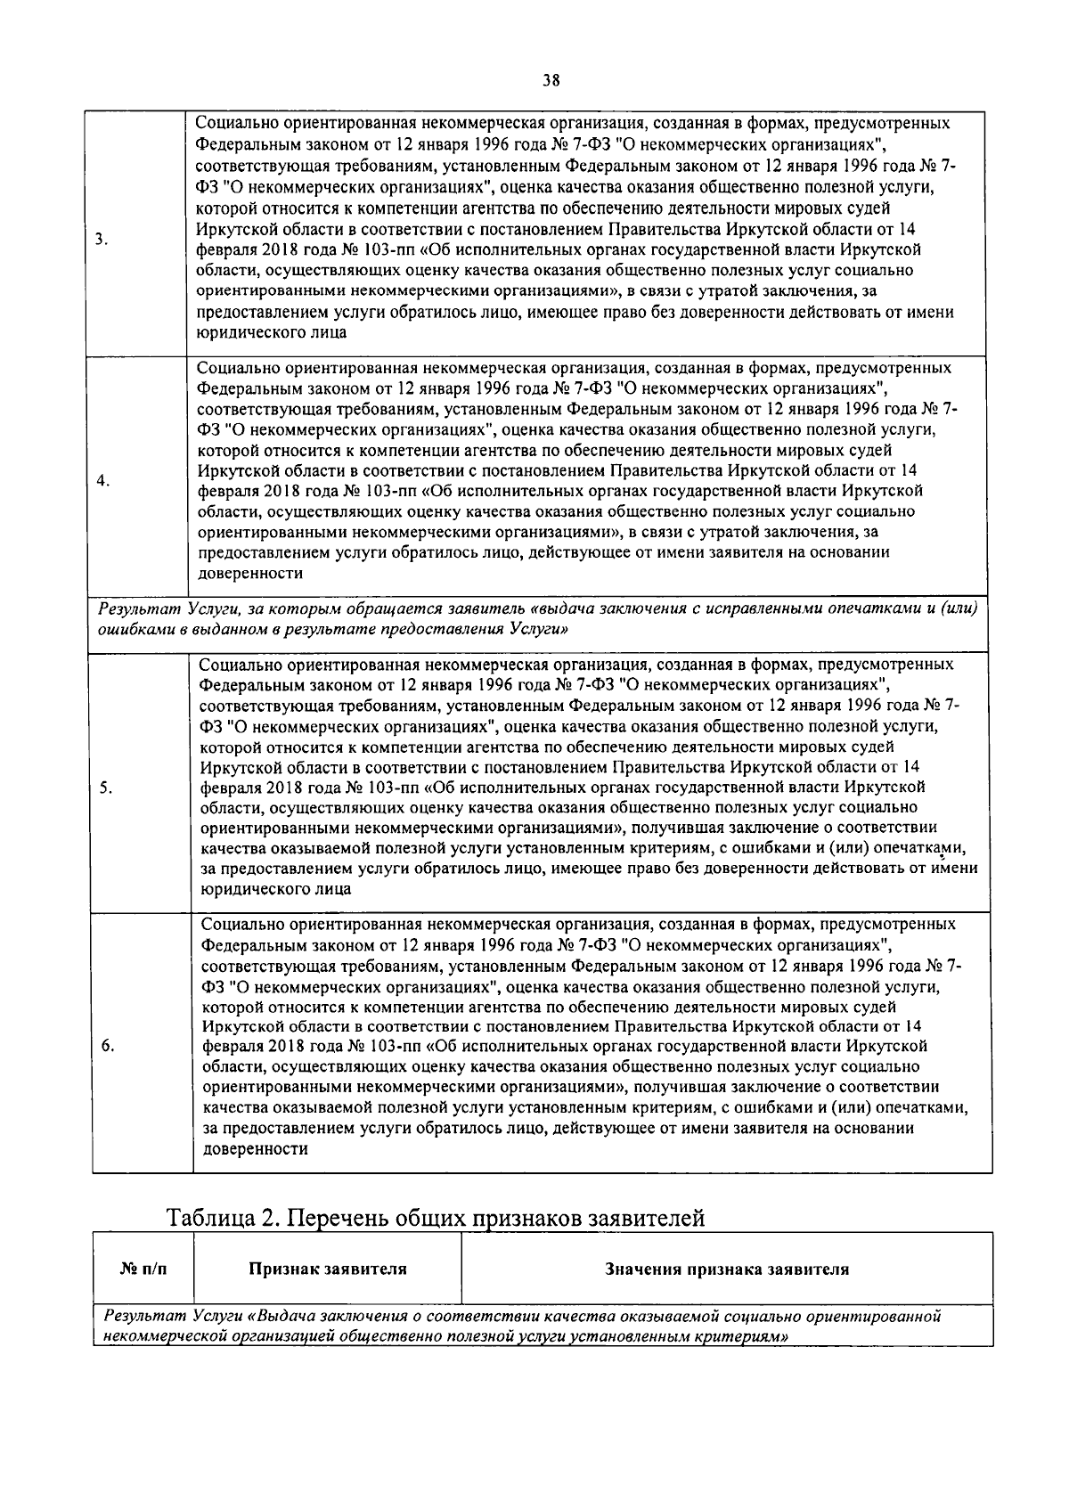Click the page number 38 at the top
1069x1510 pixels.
click(x=551, y=80)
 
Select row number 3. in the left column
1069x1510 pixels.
click(x=102, y=239)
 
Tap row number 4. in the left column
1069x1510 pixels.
click(x=103, y=481)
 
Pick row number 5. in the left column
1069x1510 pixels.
click(x=105, y=788)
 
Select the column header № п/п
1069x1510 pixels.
click(x=143, y=1269)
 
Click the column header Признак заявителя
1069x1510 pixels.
click(x=327, y=1269)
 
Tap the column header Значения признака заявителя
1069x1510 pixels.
click(x=726, y=1269)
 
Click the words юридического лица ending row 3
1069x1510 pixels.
click(x=271, y=332)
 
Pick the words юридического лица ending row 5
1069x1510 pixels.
click(x=275, y=889)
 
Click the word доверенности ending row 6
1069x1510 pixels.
click(x=256, y=1149)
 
